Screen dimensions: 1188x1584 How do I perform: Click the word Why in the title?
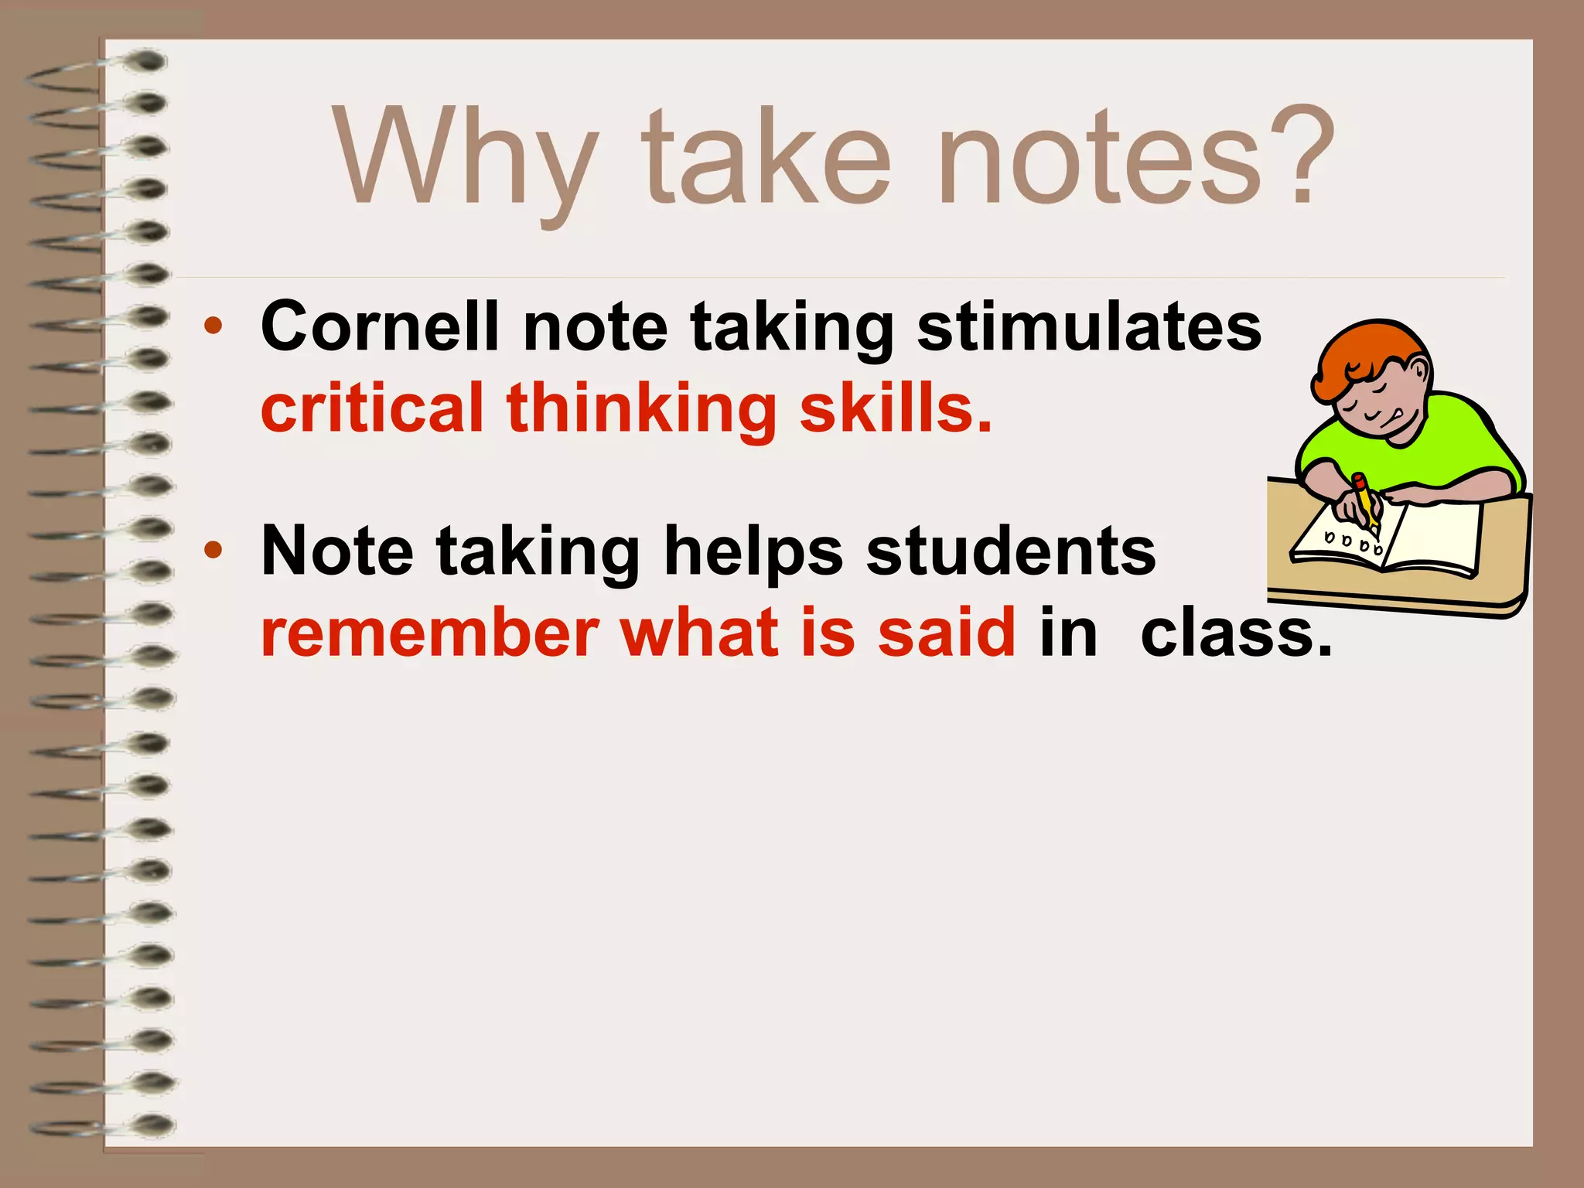click(x=464, y=159)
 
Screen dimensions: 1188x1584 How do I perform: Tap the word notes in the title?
click(x=1098, y=159)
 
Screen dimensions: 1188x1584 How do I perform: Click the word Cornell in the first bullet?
click(x=379, y=326)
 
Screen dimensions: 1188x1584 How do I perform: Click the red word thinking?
click(x=641, y=410)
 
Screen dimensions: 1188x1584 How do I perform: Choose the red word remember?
click(x=429, y=633)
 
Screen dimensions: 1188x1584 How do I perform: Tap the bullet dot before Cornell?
click(x=213, y=327)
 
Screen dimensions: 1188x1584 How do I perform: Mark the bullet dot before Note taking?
click(x=213, y=551)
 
